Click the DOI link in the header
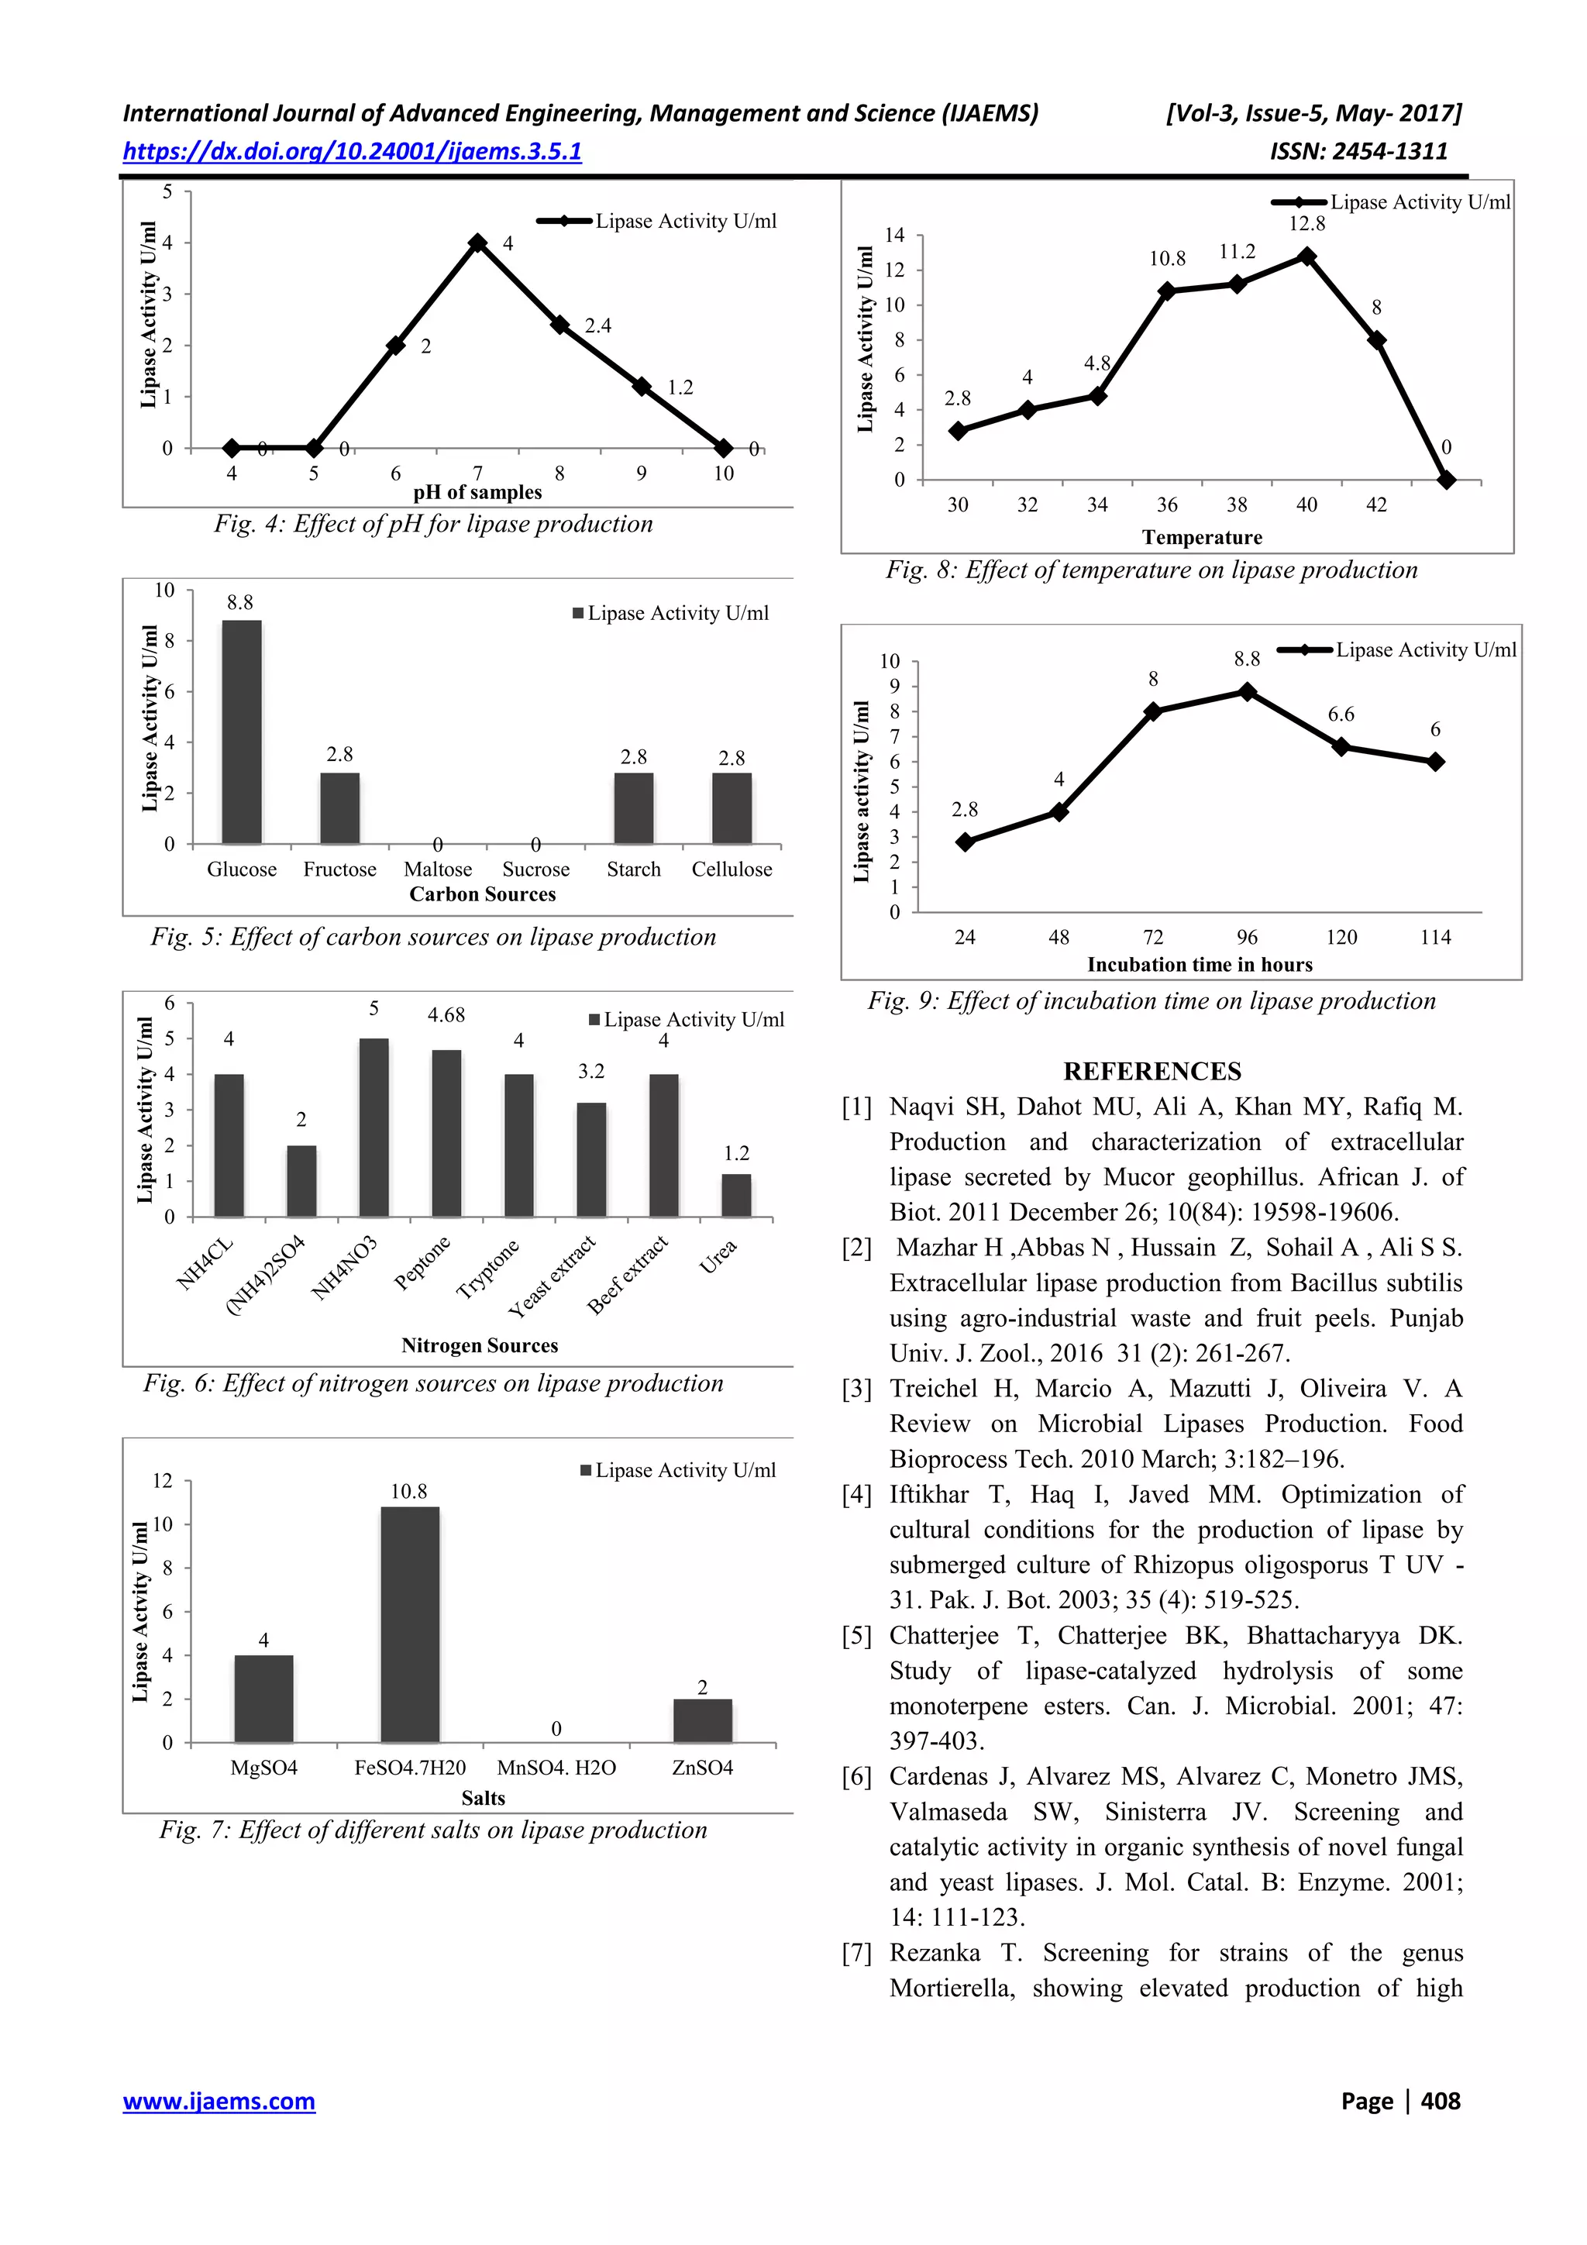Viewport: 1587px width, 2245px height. [352, 152]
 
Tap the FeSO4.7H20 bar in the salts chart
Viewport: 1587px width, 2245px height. [410, 1624]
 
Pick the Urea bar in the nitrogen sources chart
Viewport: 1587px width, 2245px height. [736, 1195]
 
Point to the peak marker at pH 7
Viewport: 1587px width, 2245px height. [477, 243]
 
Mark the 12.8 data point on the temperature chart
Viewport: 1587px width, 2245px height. [1306, 257]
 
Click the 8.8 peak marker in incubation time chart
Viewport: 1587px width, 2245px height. [1247, 691]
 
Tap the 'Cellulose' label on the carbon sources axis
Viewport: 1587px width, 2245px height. [732, 869]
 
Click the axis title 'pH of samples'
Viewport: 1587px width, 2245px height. [477, 493]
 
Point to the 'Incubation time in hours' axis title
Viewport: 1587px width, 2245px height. [1200, 964]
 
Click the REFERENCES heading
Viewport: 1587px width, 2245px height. [1152, 1072]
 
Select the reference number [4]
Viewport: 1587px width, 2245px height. [856, 1495]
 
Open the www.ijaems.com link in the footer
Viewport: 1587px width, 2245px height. [219, 2102]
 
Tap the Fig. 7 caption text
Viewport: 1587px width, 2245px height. [433, 1830]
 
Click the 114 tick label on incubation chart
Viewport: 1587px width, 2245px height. [1435, 938]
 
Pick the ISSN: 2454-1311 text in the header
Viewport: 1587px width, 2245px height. [1358, 152]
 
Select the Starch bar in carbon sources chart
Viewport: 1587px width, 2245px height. [634, 807]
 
